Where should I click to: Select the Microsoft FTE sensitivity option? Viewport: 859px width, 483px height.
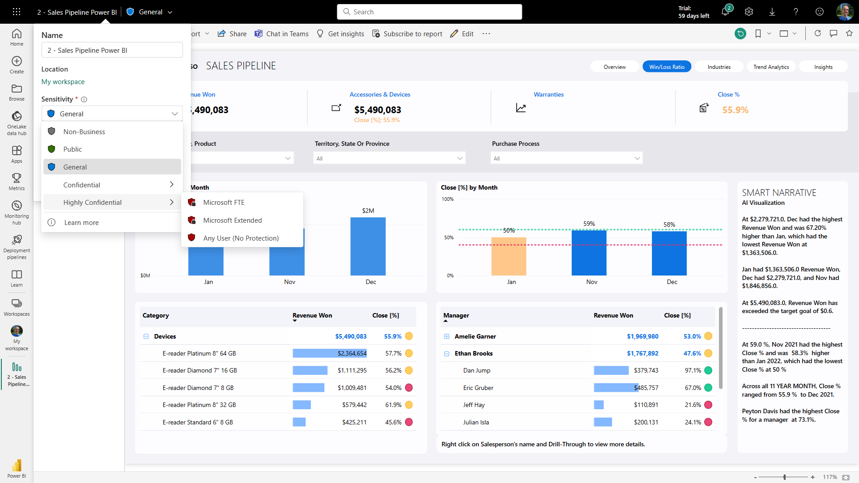click(x=224, y=203)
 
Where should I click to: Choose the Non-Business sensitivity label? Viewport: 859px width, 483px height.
click(x=84, y=132)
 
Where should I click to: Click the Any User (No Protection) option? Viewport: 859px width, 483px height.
click(x=241, y=238)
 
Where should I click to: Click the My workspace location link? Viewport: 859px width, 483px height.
click(x=63, y=82)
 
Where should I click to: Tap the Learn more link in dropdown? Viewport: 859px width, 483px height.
click(x=81, y=223)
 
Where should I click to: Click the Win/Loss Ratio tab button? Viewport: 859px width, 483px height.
click(x=667, y=67)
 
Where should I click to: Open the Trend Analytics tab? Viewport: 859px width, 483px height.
click(x=771, y=67)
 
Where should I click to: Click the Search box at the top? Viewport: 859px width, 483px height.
click(x=429, y=12)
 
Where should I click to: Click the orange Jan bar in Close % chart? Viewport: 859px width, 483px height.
click(x=509, y=257)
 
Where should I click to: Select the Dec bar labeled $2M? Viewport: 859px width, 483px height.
click(x=368, y=246)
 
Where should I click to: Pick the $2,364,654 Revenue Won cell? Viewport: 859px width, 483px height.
click(x=352, y=354)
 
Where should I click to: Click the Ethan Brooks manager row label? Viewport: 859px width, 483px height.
click(x=473, y=354)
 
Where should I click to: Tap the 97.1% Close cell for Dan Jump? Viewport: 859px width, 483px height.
click(x=693, y=371)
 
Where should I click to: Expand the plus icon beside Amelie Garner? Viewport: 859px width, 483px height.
click(x=447, y=337)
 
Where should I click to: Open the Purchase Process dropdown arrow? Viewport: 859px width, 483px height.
click(x=637, y=158)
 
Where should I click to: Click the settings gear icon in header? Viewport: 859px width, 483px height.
click(x=749, y=12)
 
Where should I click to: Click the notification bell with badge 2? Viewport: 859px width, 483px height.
click(x=725, y=12)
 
